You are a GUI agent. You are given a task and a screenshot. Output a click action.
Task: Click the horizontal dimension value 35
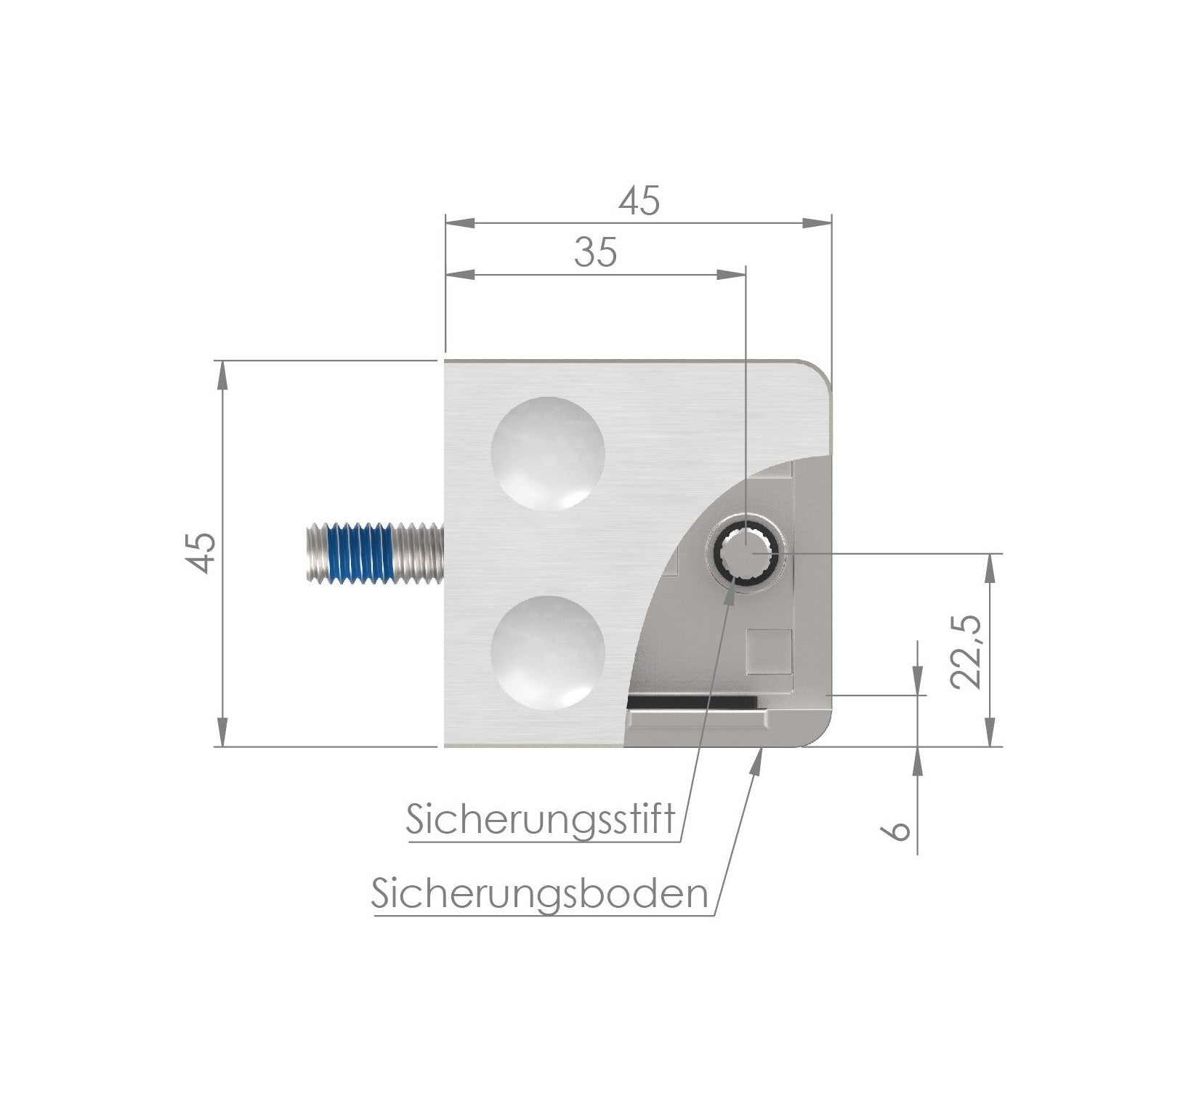point(595,252)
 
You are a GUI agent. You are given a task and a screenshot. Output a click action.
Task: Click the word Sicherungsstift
point(541,820)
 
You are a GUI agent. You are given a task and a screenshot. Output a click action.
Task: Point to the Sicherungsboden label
point(539,893)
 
